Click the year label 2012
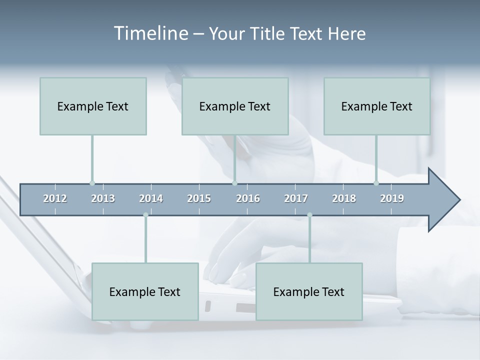[55, 198]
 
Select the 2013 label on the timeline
[103, 198]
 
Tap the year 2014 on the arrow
[151, 198]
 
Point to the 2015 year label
[199, 198]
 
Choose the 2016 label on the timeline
[248, 198]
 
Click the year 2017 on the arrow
[296, 198]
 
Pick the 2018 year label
[344, 198]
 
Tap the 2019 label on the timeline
[392, 198]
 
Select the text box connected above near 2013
[93, 106]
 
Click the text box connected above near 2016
[235, 106]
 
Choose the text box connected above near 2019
[377, 106]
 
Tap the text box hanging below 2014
[145, 291]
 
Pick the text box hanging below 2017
[309, 291]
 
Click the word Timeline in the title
[149, 33]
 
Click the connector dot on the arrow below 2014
[145, 215]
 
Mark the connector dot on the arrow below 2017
[309, 215]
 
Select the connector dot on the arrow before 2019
[376, 183]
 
